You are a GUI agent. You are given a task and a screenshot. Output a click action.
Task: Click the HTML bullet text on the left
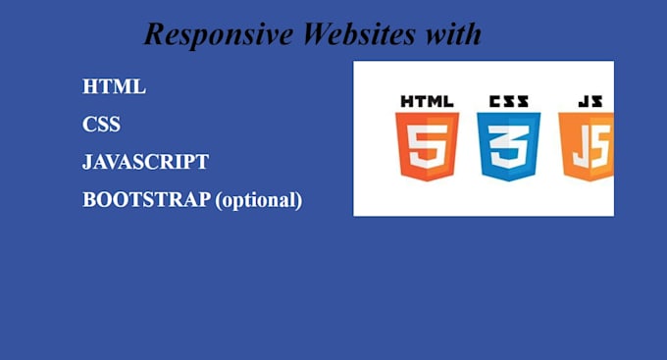[114, 86]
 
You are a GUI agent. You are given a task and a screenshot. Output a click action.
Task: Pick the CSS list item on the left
[102, 125]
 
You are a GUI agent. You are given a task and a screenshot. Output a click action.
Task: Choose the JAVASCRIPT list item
[146, 162]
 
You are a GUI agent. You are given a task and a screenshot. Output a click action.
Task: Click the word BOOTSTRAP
[146, 199]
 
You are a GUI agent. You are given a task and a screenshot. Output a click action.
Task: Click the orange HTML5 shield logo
[427, 145]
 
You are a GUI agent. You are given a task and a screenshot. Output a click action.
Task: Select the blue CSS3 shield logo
[508, 145]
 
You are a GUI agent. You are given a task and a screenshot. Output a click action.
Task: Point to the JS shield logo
[587, 145]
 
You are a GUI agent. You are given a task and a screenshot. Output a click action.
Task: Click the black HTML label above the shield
[427, 101]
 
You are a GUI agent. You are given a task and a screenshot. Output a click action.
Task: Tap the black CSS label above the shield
[508, 101]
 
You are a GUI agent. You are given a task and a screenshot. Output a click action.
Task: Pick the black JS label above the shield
[590, 101]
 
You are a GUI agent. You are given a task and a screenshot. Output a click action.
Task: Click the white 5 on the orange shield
[427, 147]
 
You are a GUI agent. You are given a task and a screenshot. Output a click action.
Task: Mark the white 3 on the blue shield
[508, 147]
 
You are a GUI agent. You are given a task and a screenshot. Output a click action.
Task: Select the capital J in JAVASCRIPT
[87, 163]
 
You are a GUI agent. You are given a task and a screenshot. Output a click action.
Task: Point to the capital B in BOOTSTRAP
[88, 199]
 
